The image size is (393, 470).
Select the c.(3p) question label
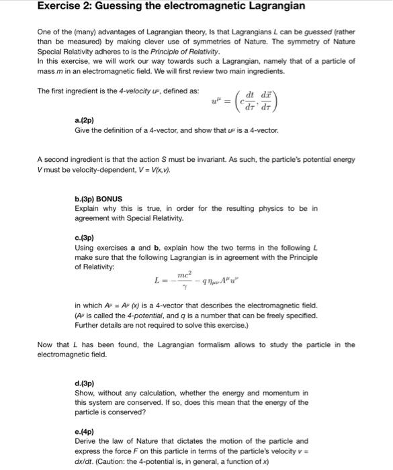coord(85,238)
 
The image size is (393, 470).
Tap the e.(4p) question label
coord(85,430)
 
